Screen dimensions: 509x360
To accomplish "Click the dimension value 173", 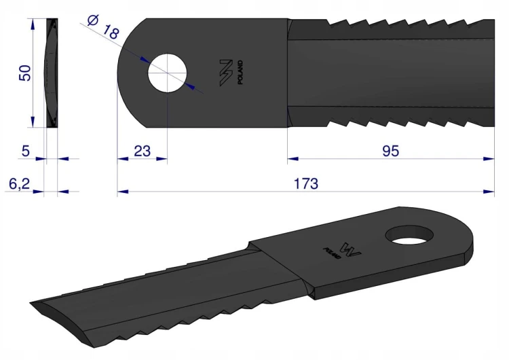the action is click(306, 183).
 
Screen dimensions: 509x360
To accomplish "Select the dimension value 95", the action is click(390, 151).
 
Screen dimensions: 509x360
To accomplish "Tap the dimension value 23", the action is click(143, 151).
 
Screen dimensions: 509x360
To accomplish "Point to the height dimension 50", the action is click(25, 73).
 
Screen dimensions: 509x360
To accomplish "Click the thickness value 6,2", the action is click(19, 184).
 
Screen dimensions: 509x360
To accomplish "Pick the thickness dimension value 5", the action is click(25, 151).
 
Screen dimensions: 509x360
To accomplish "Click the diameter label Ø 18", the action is click(104, 27).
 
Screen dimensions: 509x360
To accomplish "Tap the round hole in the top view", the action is click(167, 73).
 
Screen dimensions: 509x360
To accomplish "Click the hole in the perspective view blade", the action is click(410, 236).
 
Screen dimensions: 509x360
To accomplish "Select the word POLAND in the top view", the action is click(240, 73).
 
